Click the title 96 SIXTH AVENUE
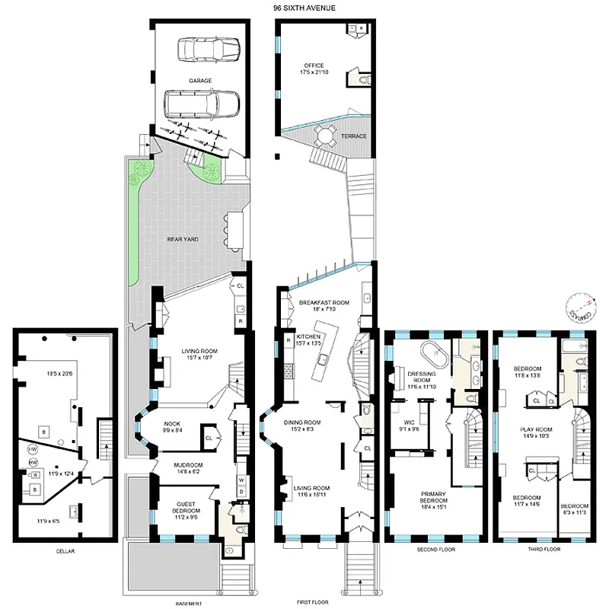click(x=304, y=8)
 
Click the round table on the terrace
click(x=327, y=136)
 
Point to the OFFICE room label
click(x=314, y=66)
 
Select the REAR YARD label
click(x=183, y=239)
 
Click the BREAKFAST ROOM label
click(x=324, y=303)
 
